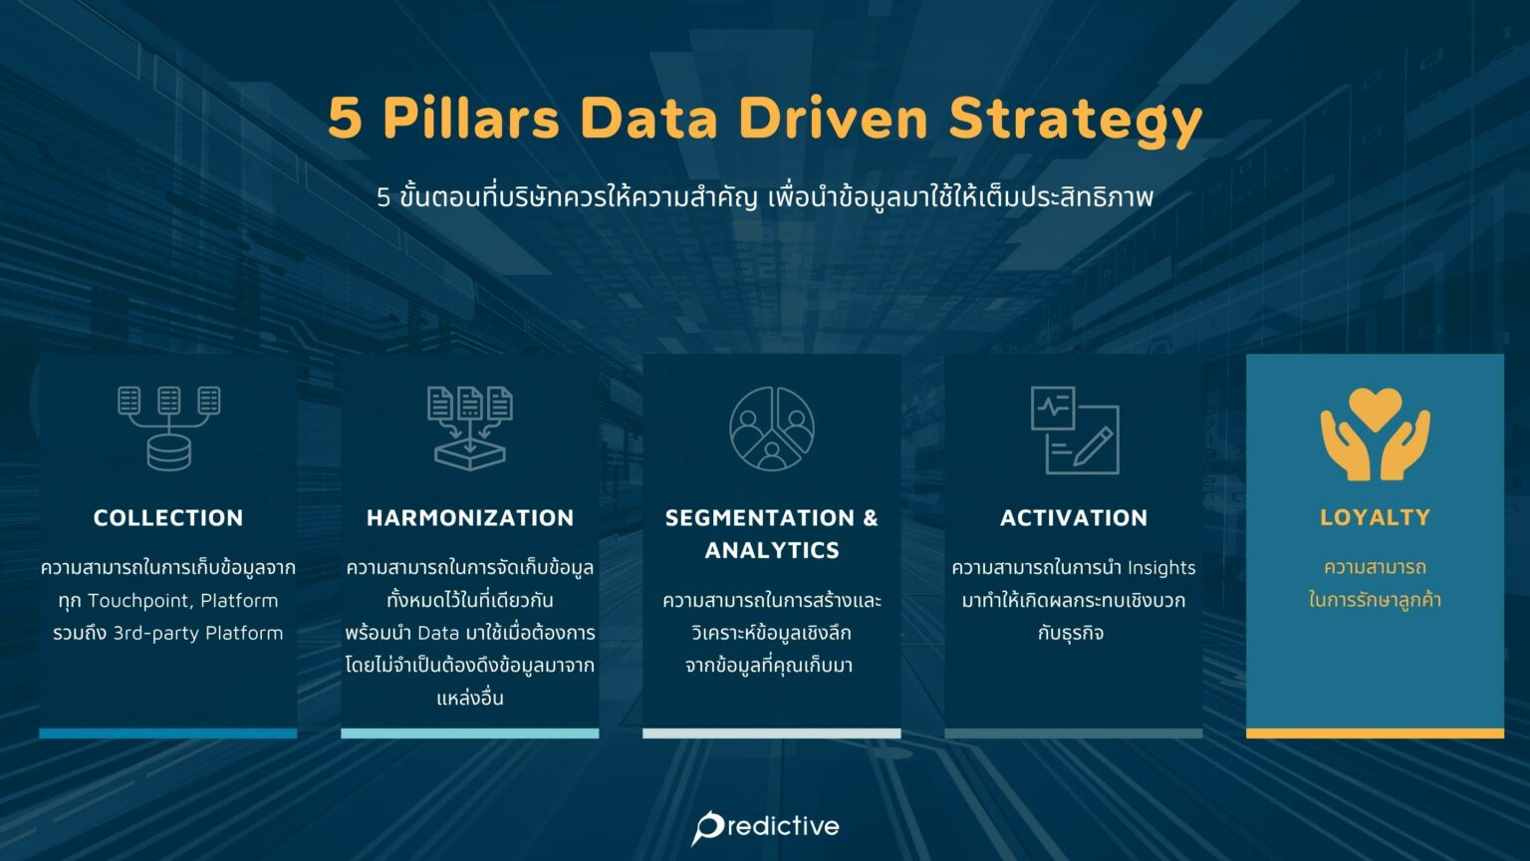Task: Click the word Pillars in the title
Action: pyautogui.click(x=470, y=119)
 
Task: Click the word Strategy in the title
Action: pyautogui.click(x=1076, y=119)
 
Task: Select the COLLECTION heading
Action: pyautogui.click(x=168, y=518)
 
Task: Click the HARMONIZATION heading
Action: pyautogui.click(x=470, y=518)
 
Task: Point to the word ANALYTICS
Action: pyautogui.click(x=772, y=550)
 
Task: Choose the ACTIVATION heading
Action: pyautogui.click(x=1074, y=518)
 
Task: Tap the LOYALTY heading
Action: pyautogui.click(x=1375, y=518)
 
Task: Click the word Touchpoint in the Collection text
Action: pyautogui.click(x=137, y=601)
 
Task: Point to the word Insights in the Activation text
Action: pyautogui.click(x=1161, y=568)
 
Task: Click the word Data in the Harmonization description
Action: pyautogui.click(x=438, y=633)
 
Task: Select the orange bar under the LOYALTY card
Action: pyautogui.click(x=1375, y=733)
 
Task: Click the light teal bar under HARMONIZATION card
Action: pyautogui.click(x=470, y=733)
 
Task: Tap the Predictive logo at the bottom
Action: pyautogui.click(x=765, y=826)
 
